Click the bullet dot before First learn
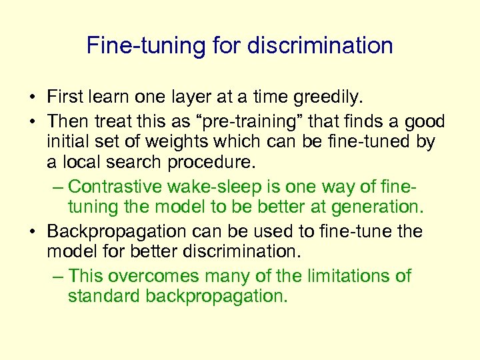pos(32,98)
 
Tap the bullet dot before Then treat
pos(32,121)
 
